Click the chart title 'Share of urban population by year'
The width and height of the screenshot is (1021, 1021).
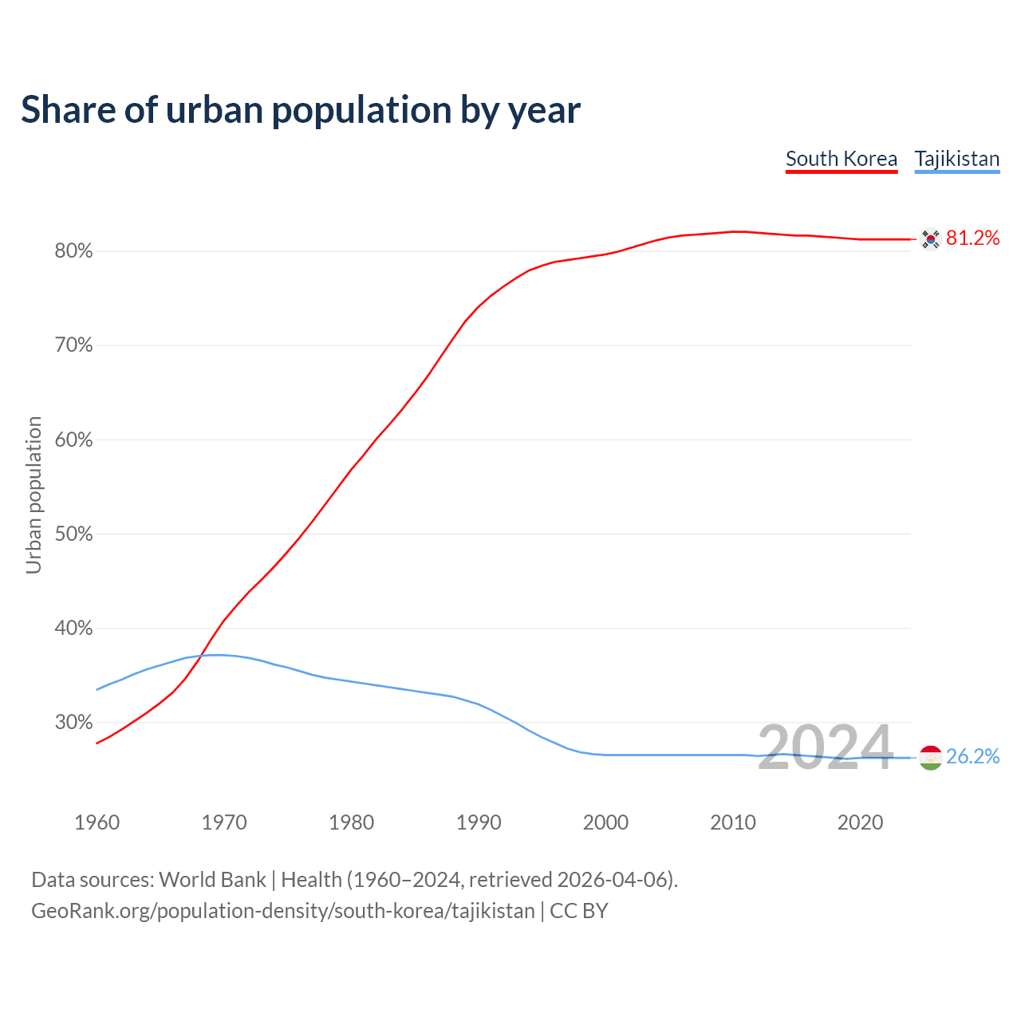(301, 110)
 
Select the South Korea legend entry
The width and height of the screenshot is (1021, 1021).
(842, 159)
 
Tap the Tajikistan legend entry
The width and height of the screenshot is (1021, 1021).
(956, 159)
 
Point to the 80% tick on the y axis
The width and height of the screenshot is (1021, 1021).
(74, 251)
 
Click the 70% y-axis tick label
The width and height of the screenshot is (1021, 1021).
(74, 345)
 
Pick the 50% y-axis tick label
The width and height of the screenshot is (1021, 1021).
(74, 534)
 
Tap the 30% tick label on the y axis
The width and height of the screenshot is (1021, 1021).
(74, 723)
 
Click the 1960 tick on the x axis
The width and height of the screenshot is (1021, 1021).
(97, 822)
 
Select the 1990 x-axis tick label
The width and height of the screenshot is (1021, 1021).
(479, 822)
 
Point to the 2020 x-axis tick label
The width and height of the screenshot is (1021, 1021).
(860, 822)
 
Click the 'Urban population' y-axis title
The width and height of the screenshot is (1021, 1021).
(34, 495)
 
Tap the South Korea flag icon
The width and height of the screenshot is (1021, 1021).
(930, 238)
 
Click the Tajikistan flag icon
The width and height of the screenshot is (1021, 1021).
(930, 757)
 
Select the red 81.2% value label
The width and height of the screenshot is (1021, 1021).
(972, 238)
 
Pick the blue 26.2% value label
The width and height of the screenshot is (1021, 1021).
(972, 757)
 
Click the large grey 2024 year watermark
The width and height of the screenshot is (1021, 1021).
(825, 748)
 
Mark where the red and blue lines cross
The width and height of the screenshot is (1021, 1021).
(200, 656)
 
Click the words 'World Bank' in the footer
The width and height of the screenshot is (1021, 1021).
(212, 880)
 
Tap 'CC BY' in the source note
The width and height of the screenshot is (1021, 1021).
(579, 911)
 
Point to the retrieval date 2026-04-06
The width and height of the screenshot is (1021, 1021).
(612, 880)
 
